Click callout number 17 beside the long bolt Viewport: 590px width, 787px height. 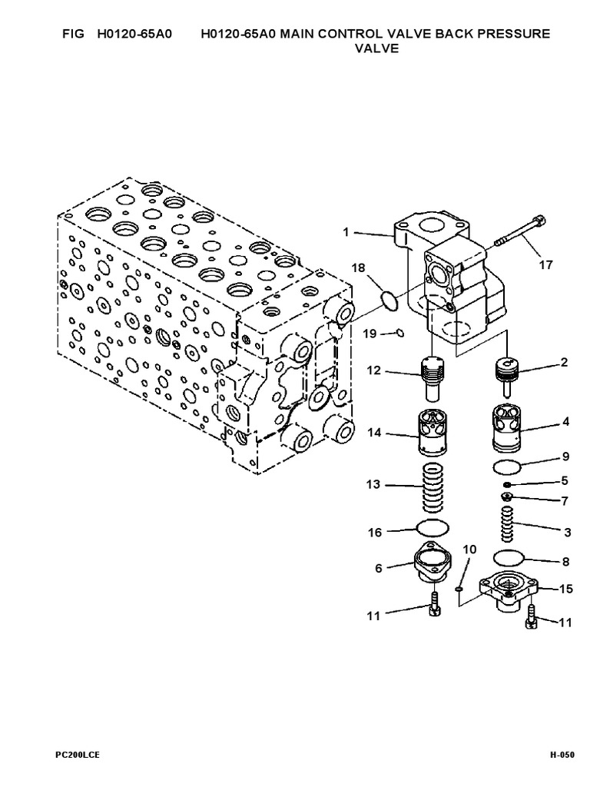click(545, 265)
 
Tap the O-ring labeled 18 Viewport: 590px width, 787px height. click(390, 300)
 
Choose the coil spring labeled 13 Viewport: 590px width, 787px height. click(435, 490)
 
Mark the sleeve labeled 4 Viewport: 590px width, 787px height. click(507, 426)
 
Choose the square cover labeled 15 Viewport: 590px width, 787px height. click(508, 593)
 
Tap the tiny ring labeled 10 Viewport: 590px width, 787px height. click(458, 589)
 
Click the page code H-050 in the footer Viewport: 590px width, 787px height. click(562, 755)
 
